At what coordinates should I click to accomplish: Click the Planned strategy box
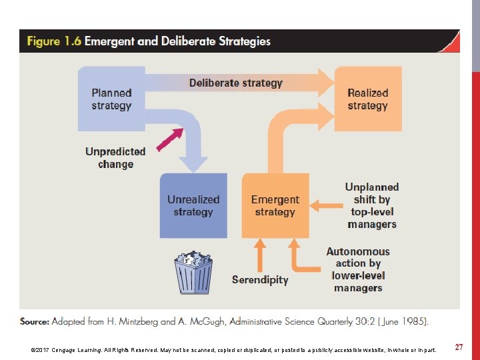pos(111,99)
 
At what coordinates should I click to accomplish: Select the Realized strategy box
pos(367,99)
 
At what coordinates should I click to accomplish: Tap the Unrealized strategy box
pos(193,205)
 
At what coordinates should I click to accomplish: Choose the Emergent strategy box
pos(275,205)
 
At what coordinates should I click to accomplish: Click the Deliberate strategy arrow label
pos(235,83)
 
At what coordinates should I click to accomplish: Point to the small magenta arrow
pos(169,140)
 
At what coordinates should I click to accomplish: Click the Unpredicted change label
pos(115,157)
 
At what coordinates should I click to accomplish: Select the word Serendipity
pos(260,280)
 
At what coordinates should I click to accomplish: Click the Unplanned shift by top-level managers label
pos(372,205)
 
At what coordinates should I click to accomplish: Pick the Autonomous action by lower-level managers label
pos(358,269)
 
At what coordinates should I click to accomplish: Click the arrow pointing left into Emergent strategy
pos(325,205)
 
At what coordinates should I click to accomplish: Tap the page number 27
pos(459,347)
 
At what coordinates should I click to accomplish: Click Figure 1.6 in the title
pos(53,41)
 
